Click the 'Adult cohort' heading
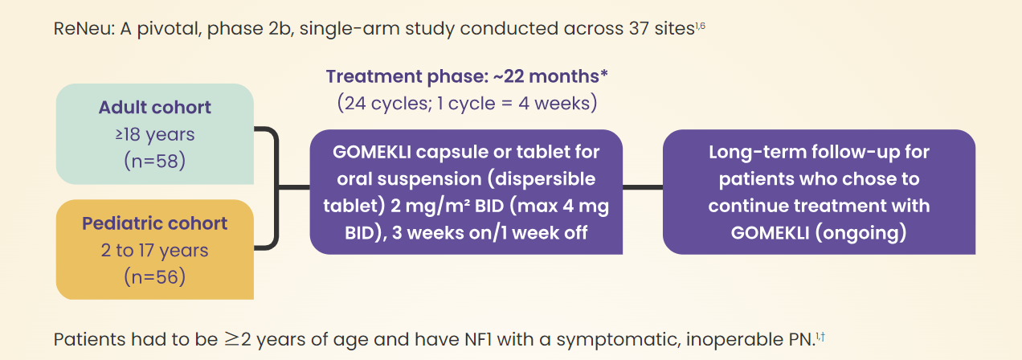[x=155, y=108]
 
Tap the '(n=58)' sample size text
[x=155, y=161]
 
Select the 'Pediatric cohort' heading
[x=155, y=223]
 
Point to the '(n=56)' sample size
[x=155, y=277]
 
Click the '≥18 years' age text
[x=155, y=135]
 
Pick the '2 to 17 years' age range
[x=155, y=251]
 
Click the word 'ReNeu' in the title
[x=83, y=29]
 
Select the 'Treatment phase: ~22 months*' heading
[x=467, y=76]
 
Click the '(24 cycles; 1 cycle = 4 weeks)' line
[x=467, y=103]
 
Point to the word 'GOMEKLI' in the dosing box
[x=372, y=152]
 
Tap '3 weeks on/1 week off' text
[x=489, y=233]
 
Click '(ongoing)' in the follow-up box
[x=861, y=233]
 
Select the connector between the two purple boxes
[x=643, y=187]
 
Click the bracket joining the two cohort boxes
[x=276, y=187]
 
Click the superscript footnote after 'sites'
[x=701, y=26]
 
